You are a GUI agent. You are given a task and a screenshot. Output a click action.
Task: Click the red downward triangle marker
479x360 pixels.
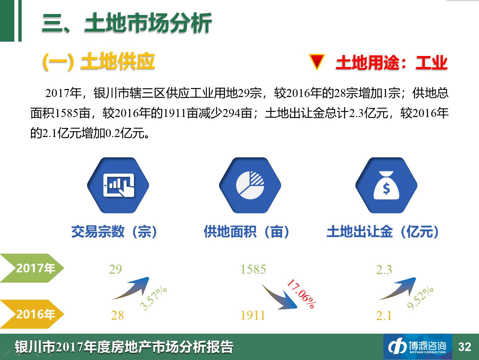[317, 61]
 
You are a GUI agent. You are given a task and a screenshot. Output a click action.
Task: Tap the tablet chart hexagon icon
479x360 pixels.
[118, 185]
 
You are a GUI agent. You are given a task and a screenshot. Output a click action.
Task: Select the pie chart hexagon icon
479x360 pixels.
[250, 185]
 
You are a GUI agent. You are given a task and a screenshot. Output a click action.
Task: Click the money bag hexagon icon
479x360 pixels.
[386, 185]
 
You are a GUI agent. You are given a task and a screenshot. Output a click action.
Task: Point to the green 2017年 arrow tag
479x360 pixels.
[32, 268]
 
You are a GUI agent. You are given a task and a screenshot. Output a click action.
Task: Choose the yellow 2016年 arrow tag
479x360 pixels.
[32, 314]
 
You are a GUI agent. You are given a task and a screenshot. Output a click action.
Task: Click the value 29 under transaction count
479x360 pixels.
[116, 269]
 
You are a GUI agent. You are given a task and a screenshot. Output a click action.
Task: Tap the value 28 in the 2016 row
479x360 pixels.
[117, 315]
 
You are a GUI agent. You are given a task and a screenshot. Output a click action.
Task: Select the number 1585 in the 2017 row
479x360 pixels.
[253, 269]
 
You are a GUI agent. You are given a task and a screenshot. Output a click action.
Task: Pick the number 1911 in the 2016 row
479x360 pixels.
[253, 315]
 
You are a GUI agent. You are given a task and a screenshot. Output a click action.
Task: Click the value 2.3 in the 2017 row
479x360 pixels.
[384, 270]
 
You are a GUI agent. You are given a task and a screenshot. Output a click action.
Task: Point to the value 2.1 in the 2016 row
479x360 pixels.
[384, 316]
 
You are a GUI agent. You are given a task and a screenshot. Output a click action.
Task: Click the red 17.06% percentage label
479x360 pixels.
[302, 294]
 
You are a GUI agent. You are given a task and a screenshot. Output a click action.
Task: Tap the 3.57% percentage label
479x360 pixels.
[154, 298]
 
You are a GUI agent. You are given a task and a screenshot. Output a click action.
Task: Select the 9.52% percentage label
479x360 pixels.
[420, 298]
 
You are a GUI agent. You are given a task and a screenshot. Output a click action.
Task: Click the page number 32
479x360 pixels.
[465, 347]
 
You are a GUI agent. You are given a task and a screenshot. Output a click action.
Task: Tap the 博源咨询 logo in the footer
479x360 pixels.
[418, 347]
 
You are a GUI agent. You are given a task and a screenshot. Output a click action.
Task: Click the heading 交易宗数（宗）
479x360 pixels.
[114, 231]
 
